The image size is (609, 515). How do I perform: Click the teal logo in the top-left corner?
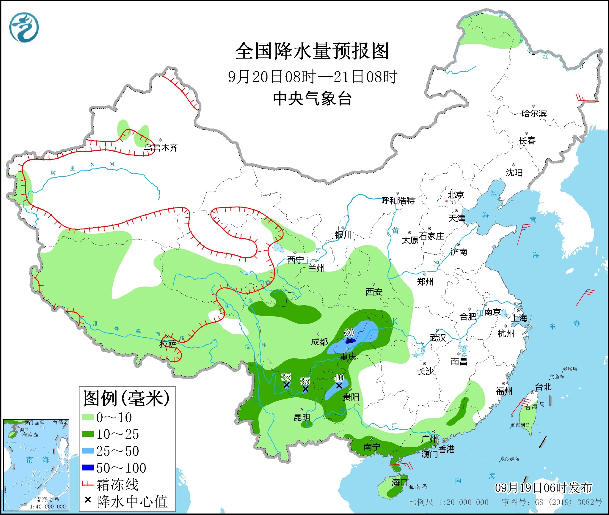pyautogui.click(x=24, y=27)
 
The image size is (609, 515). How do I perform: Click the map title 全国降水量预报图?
pyautogui.click(x=312, y=51)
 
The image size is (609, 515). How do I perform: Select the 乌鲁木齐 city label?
pyautogui.click(x=161, y=147)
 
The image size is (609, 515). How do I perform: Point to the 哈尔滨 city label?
pyautogui.click(x=534, y=114)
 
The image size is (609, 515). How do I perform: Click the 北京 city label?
pyautogui.click(x=456, y=195)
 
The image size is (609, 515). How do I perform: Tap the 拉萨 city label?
pyautogui.click(x=168, y=344)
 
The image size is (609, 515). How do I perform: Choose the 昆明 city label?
pyautogui.click(x=302, y=417)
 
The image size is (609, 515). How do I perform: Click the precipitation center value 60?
pyautogui.click(x=349, y=333)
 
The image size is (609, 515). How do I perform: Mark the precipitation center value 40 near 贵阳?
pyautogui.click(x=339, y=378)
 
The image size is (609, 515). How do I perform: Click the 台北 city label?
pyautogui.click(x=543, y=387)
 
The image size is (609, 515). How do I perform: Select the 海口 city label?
pyautogui.click(x=399, y=482)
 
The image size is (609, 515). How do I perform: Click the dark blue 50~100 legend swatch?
pyautogui.click(x=88, y=468)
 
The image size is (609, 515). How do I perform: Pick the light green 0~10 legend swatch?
pyautogui.click(x=88, y=417)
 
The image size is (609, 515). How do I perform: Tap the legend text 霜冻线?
pyautogui.click(x=117, y=485)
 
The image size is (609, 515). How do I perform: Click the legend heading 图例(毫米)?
pyautogui.click(x=126, y=398)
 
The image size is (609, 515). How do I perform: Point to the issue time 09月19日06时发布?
pyautogui.click(x=543, y=488)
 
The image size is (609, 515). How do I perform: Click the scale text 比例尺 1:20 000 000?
pyautogui.click(x=448, y=502)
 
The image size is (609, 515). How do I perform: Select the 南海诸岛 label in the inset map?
pyautogui.click(x=48, y=500)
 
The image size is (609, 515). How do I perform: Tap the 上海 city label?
pyautogui.click(x=519, y=318)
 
